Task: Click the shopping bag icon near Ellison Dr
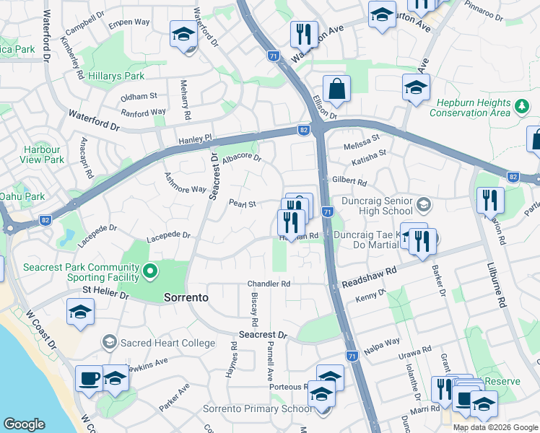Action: pos(336,89)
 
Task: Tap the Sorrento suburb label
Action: pos(186,297)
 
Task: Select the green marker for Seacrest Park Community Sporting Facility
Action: pos(150,271)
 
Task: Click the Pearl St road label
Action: pos(243,204)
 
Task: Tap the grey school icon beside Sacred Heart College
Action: pos(110,341)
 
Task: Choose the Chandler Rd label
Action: pos(269,284)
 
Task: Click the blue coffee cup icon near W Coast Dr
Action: pos(90,380)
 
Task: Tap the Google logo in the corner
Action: pos(24,424)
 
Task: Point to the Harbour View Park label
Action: pos(43,154)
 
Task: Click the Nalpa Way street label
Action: pos(383,342)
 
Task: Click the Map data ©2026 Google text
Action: pos(495,427)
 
